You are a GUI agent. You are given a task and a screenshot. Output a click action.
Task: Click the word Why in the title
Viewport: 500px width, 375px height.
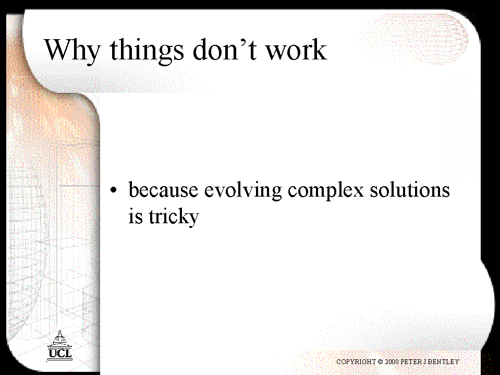(72, 51)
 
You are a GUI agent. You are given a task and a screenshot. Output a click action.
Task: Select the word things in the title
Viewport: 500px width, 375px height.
(147, 51)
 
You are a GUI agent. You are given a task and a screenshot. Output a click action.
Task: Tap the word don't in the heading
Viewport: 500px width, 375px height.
(225, 49)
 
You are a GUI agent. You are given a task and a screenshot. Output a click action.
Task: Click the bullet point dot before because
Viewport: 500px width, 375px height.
(114, 190)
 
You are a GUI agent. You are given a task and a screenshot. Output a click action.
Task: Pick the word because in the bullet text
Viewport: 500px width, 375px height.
(163, 189)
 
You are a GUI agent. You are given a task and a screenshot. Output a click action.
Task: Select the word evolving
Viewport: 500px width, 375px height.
(243, 191)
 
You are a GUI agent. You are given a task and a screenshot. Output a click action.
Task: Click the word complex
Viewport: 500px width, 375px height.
(325, 191)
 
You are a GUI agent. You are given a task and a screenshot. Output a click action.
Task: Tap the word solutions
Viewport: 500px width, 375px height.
(410, 189)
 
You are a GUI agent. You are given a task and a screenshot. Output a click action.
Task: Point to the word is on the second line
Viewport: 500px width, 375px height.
(135, 216)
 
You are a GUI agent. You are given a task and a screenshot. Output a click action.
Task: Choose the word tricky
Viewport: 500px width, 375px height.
(174, 217)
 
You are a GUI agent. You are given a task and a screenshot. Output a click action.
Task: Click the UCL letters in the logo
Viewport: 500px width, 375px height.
(60, 353)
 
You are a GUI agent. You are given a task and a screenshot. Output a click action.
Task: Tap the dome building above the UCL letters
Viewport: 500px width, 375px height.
(59, 338)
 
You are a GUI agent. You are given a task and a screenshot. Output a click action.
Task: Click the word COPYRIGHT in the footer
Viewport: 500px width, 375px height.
(356, 361)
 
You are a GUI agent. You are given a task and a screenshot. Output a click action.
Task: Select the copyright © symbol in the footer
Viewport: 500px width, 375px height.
(380, 362)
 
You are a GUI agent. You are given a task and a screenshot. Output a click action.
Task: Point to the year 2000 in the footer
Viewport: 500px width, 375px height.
(392, 361)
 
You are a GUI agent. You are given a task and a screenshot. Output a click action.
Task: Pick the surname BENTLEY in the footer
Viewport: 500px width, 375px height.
(444, 361)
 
